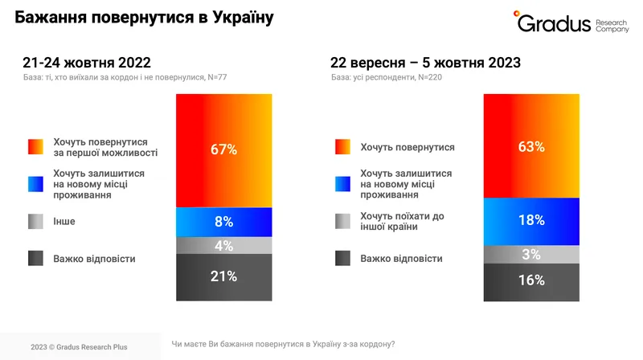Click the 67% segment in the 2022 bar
click(224, 149)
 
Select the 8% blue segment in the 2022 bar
click(224, 221)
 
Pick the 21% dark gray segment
click(224, 277)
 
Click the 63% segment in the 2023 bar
click(531, 146)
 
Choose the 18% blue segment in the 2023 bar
click(531, 219)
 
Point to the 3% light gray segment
click(531, 254)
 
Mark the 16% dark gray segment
click(531, 281)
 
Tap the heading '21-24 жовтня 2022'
click(87, 63)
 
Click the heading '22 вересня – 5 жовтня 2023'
click(425, 63)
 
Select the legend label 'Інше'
click(63, 220)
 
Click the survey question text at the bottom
click(283, 344)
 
